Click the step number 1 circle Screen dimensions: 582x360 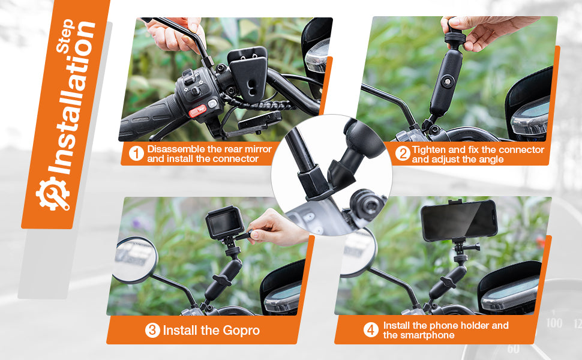(136, 154)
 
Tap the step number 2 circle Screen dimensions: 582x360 (403, 154)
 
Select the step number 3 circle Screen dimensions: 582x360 (152, 331)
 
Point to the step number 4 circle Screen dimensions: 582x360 (371, 329)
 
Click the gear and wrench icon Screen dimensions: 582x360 (52, 194)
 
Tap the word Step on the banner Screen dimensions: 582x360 (65, 36)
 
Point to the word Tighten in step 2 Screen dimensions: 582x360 (429, 149)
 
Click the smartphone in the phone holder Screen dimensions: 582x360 (459, 220)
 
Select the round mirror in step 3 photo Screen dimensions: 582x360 (135, 260)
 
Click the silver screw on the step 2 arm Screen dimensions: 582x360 (448, 81)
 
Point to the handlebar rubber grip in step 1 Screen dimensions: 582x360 (148, 120)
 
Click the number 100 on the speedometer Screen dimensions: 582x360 (554, 323)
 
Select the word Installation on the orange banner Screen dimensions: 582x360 (73, 98)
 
